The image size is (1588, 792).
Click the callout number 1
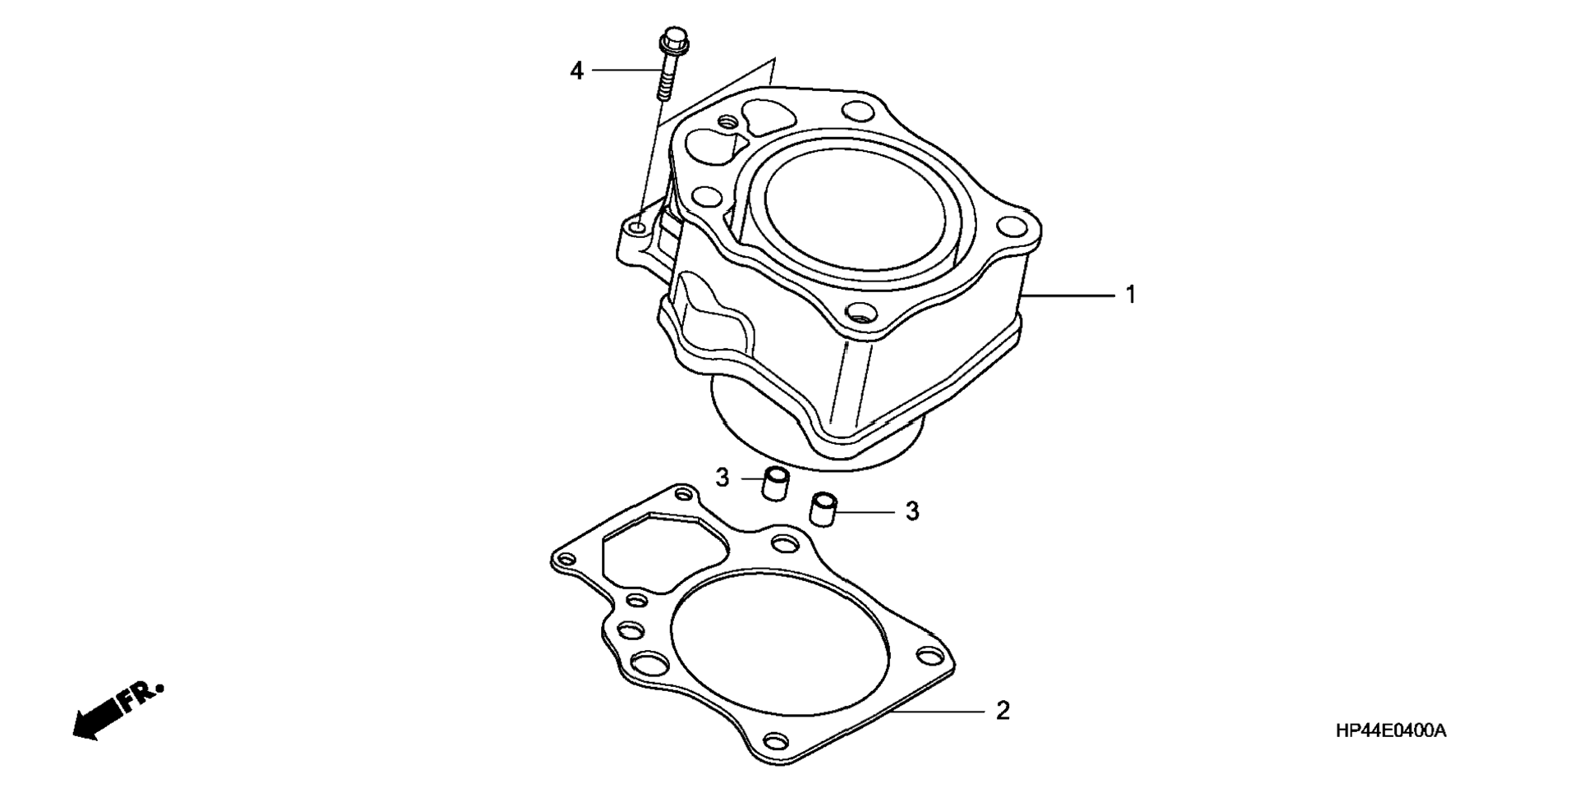(1130, 295)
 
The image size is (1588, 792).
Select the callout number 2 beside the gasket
(1003, 711)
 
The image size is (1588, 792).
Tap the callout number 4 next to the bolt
(577, 71)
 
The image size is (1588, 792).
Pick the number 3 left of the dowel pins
(722, 478)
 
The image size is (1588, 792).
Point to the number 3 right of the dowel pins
(912, 511)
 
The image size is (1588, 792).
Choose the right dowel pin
(823, 510)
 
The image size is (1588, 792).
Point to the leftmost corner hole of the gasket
(565, 560)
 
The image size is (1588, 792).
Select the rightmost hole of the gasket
(930, 657)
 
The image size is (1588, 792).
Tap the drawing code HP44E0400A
(1390, 730)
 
